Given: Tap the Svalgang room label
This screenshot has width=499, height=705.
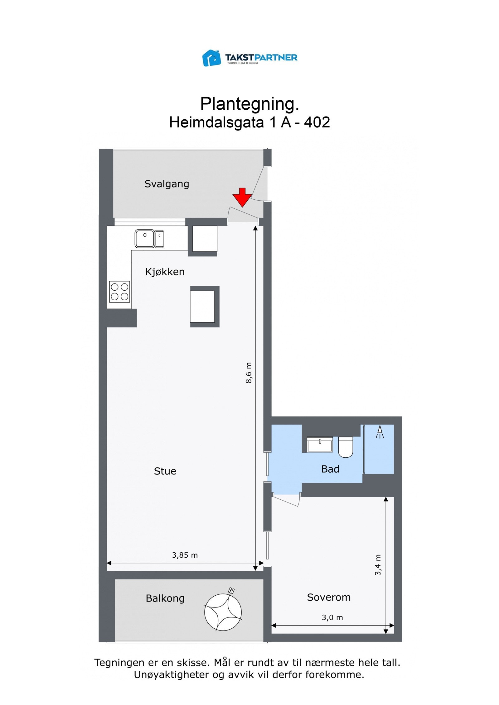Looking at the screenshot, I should tap(167, 184).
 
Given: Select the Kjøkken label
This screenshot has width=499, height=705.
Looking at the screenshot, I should tap(165, 272).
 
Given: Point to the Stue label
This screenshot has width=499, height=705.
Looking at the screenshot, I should tap(165, 471).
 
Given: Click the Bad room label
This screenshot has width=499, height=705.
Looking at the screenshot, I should tap(330, 469).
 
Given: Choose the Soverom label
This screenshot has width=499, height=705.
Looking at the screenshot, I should tap(329, 597).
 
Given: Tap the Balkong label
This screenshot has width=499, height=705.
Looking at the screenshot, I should tap(165, 598).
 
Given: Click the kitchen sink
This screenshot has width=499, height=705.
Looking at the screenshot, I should tap(149, 239).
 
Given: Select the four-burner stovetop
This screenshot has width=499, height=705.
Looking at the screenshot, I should tap(119, 292).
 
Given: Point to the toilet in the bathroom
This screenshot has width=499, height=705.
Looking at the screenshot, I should tap(345, 447).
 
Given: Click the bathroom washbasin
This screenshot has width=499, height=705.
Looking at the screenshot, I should tap(320, 444).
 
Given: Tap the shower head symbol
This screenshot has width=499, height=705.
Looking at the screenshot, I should tap(380, 432).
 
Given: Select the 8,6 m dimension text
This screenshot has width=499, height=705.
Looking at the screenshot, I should tap(249, 373).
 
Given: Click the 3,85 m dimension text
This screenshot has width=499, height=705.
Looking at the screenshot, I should tap(185, 555).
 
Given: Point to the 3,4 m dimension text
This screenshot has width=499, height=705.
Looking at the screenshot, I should tap(378, 565).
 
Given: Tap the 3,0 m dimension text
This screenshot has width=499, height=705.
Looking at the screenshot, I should tap(332, 617).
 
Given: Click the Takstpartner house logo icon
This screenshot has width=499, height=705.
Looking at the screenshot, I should tap(211, 58).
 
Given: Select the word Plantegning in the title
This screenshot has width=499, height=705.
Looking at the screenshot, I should tap(249, 104).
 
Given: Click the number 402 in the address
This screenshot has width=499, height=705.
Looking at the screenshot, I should tap(317, 122).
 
